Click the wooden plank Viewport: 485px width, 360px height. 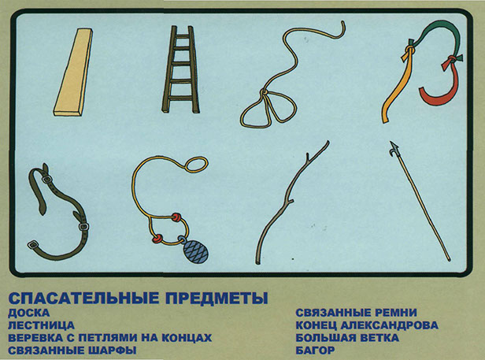[x=73, y=72]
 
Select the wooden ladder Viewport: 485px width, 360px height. [x=180, y=69]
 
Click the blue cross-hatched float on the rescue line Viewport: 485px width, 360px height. [x=195, y=251]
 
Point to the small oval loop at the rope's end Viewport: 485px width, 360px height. [x=197, y=165]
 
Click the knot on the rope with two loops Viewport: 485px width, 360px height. [x=265, y=92]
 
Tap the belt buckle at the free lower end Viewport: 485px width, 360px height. [x=32, y=244]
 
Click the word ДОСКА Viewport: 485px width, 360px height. [x=29, y=313]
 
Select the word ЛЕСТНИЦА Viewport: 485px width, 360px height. [x=42, y=325]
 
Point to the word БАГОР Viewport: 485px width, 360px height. [x=315, y=350]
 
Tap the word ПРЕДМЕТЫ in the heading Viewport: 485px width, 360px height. [x=217, y=298]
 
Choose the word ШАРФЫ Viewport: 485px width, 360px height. [x=113, y=351]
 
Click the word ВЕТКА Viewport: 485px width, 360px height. [x=379, y=338]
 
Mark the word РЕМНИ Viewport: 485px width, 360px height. [x=392, y=313]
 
